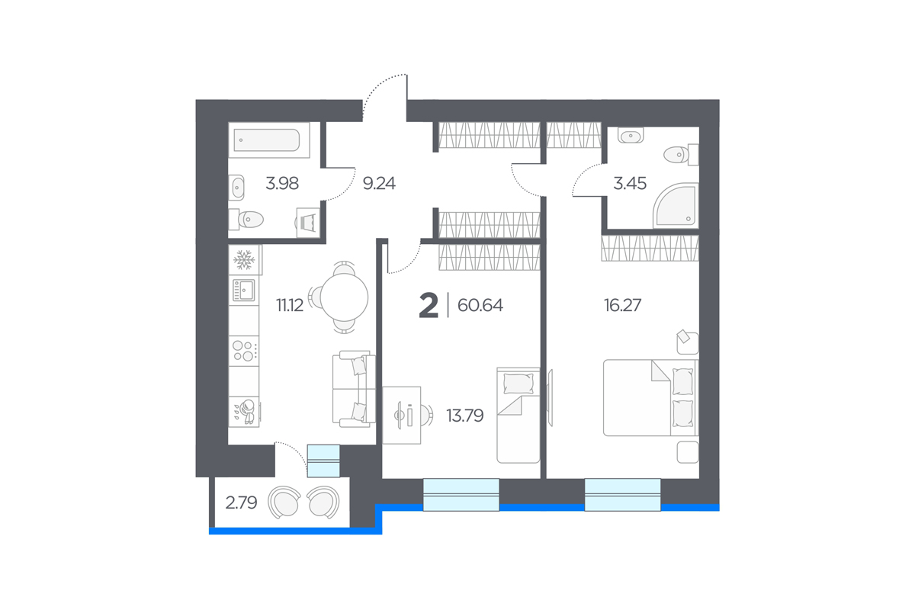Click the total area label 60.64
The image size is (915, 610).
pyautogui.click(x=480, y=305)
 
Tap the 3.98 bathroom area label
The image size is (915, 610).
pyautogui.click(x=282, y=183)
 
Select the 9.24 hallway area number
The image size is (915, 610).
pyautogui.click(x=379, y=183)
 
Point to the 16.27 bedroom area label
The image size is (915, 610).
pyautogui.click(x=622, y=305)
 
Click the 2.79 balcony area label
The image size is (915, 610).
pyautogui.click(x=242, y=502)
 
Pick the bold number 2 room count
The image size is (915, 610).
pyautogui.click(x=429, y=306)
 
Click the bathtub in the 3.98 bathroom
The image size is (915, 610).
pyautogui.click(x=268, y=140)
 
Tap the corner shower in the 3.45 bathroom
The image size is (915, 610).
pyautogui.click(x=676, y=205)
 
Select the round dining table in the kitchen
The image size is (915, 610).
pyautogui.click(x=344, y=297)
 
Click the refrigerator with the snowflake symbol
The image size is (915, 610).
pyautogui.click(x=245, y=260)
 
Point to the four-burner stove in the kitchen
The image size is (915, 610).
pyautogui.click(x=244, y=351)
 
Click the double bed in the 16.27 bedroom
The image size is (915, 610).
pyautogui.click(x=650, y=397)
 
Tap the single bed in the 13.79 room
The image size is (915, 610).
pyautogui.click(x=518, y=415)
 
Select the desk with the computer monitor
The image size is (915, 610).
pyautogui.click(x=402, y=415)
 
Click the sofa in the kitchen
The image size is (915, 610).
pyautogui.click(x=354, y=389)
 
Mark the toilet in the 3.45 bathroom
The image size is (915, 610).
pyautogui.click(x=681, y=155)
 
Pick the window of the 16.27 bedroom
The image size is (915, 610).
pyautogui.click(x=622, y=495)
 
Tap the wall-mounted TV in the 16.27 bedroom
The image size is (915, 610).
pyautogui.click(x=551, y=397)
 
